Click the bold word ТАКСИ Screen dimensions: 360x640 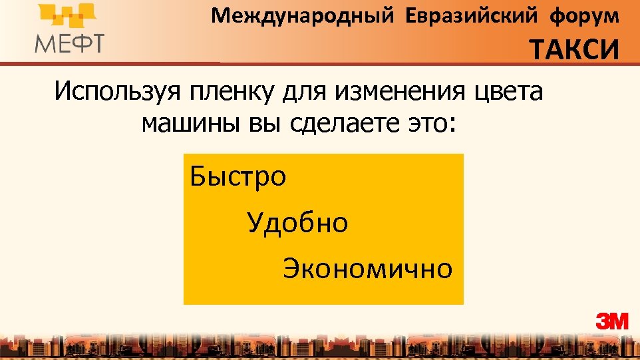(x=574, y=50)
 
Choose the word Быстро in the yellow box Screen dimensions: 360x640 (x=238, y=177)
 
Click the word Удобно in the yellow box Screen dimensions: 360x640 (x=297, y=223)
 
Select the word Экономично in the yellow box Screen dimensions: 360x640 (x=367, y=269)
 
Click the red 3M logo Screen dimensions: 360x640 (x=612, y=321)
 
